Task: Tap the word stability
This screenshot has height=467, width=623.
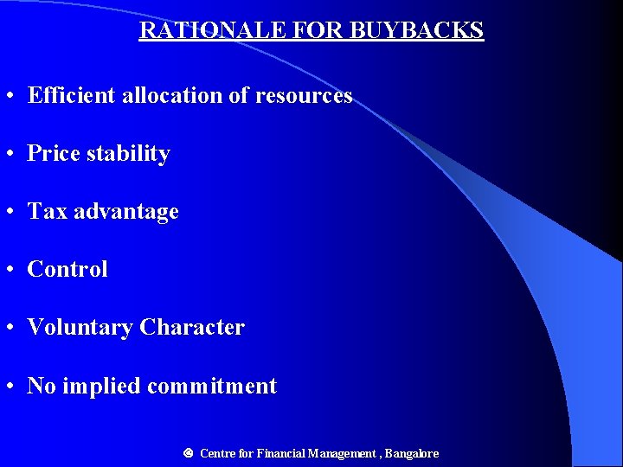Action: point(130,154)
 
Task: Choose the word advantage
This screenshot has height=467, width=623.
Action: point(126,213)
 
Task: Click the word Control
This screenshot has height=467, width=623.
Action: point(67,270)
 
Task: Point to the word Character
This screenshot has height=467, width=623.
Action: point(192,328)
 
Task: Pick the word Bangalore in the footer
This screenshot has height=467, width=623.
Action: point(412,453)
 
